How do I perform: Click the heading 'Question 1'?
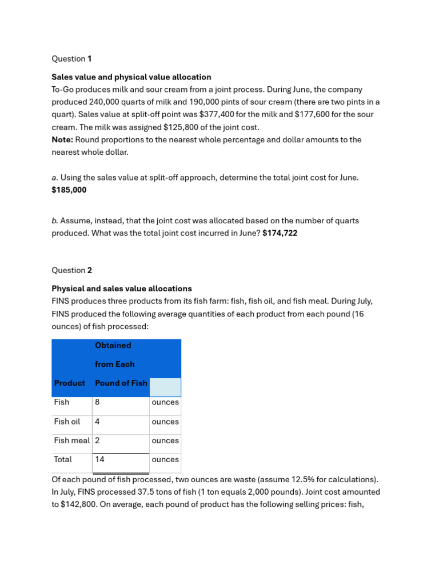tap(71, 59)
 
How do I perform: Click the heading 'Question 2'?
tap(71, 270)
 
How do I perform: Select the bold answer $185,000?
tap(69, 190)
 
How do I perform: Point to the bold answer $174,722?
tap(280, 233)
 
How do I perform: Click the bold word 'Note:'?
tap(62, 140)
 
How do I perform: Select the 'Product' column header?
tap(69, 383)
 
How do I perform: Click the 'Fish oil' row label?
tap(67, 422)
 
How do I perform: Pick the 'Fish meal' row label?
tap(72, 440)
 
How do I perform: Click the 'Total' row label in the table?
tap(63, 459)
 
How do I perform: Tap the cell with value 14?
tap(100, 459)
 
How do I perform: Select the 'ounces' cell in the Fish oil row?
tap(165, 422)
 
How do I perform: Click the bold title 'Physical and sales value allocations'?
tap(122, 289)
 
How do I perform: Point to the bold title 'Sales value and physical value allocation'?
tap(131, 77)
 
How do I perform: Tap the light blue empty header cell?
tap(165, 387)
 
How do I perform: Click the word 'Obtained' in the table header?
tap(113, 346)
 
